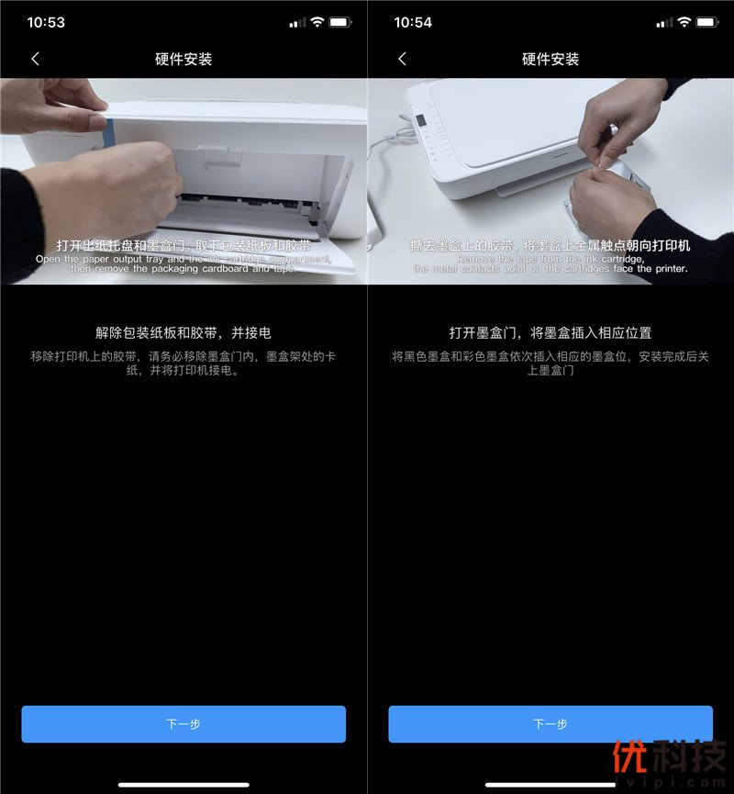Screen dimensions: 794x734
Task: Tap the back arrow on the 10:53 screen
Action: click(x=35, y=59)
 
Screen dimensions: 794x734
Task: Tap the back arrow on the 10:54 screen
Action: click(x=402, y=59)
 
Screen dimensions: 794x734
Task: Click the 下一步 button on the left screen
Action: click(x=183, y=724)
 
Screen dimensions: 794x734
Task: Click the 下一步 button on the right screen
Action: click(x=550, y=724)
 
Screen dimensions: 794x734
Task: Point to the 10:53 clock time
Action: click(x=46, y=22)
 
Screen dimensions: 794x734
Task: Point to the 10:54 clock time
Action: click(x=413, y=22)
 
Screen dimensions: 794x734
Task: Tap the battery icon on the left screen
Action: click(x=340, y=22)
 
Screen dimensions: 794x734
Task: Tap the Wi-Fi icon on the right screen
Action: click(x=684, y=22)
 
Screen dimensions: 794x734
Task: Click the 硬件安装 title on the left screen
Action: click(x=183, y=59)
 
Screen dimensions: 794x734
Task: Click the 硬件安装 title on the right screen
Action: click(x=550, y=59)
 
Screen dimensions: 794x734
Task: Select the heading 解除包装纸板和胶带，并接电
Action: click(x=183, y=332)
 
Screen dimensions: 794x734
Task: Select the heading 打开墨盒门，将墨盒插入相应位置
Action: click(x=550, y=332)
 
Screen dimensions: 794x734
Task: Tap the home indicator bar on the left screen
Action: click(x=183, y=784)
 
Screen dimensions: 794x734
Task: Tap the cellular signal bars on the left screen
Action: click(x=297, y=22)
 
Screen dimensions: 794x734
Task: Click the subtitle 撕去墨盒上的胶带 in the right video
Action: click(x=467, y=246)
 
